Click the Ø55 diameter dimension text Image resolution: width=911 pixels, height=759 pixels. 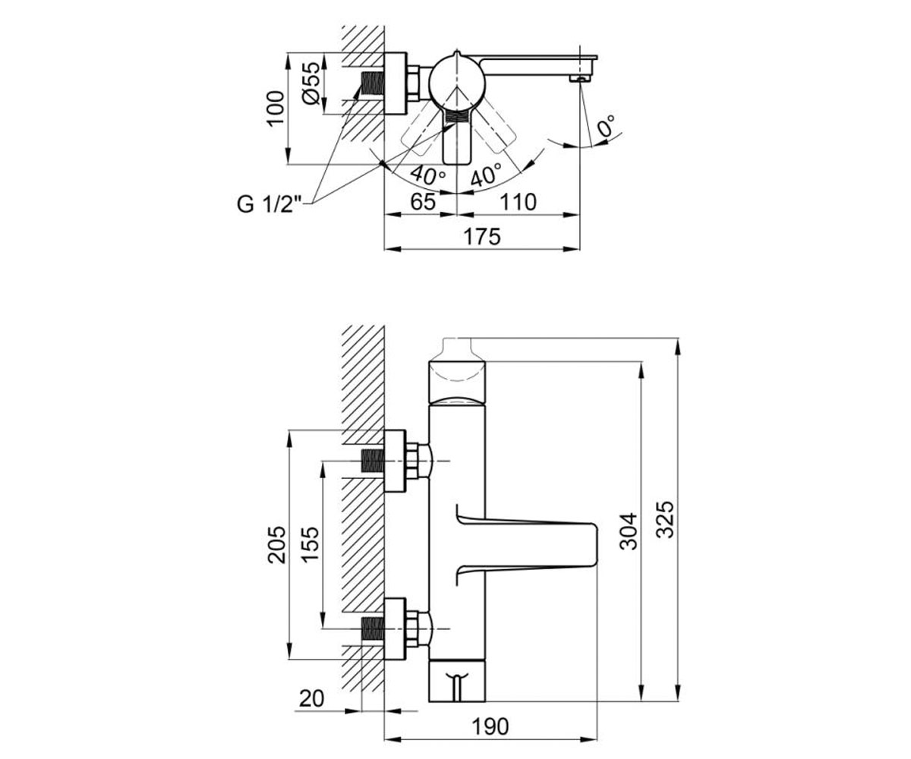pos(313,83)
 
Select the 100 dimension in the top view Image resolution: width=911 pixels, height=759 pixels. pos(276,109)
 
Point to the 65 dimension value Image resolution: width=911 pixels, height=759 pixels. pos(423,202)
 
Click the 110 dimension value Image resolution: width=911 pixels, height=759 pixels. pos(518,202)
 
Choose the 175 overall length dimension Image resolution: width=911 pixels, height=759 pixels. pos(481,237)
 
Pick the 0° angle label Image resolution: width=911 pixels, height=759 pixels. pos(606,127)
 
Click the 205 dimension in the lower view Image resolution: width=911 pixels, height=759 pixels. pos(276,545)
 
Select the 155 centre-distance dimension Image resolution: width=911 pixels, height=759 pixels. pos(310,545)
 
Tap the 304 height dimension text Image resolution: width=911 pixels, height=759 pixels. pos(629,531)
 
